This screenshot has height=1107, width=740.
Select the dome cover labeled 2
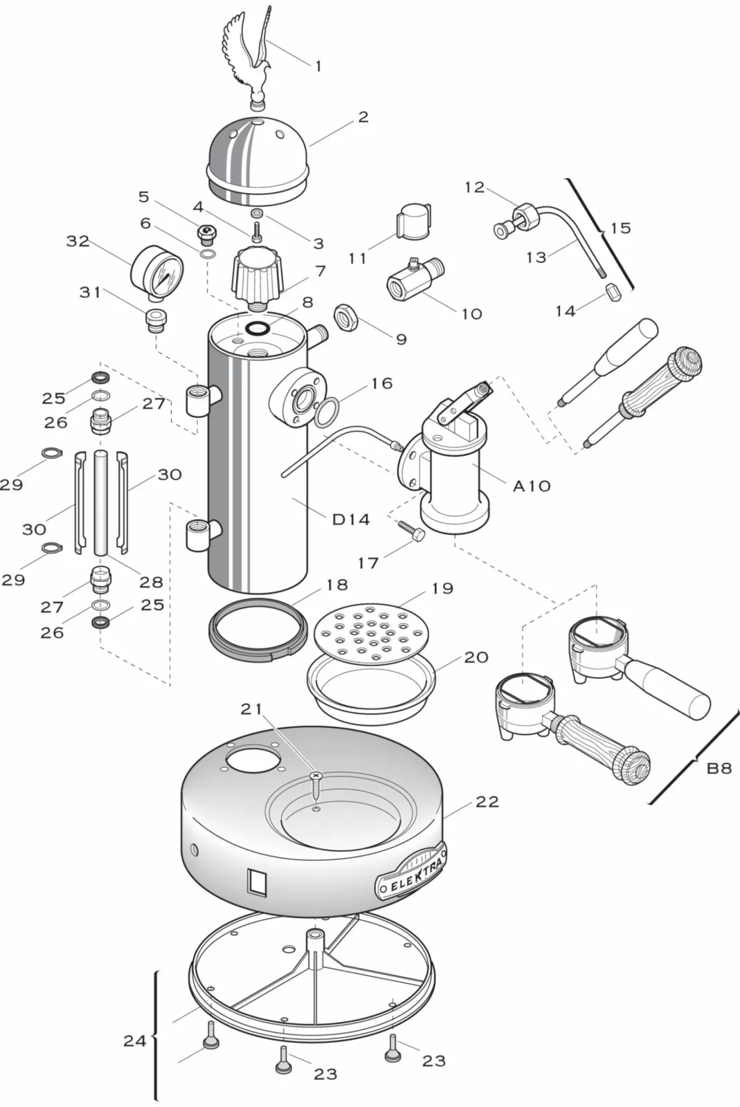[258, 160]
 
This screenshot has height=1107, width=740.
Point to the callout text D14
[351, 519]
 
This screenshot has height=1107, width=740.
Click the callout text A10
[532, 486]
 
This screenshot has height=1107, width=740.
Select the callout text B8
[719, 767]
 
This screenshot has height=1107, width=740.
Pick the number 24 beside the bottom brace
[134, 1040]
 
